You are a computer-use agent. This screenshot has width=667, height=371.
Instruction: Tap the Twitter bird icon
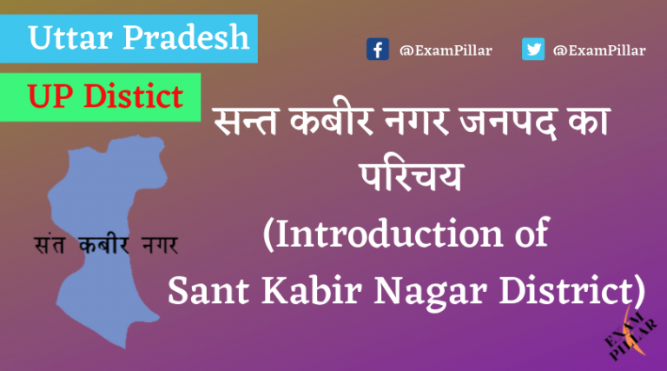pos(533,50)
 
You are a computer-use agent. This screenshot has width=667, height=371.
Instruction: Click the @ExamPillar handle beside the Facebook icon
pos(446,50)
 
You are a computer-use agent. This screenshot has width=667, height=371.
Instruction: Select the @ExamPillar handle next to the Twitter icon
pos(599,50)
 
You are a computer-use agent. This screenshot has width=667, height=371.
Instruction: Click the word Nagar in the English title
pos(407,290)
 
